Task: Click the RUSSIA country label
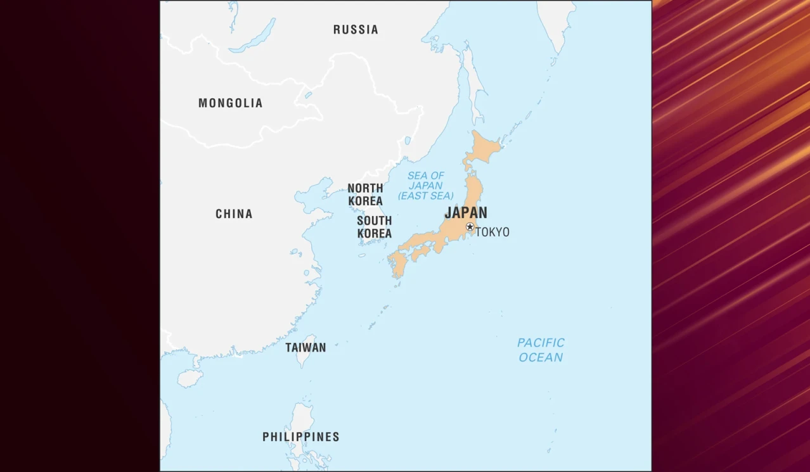point(356,29)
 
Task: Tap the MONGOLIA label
point(230,103)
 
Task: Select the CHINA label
point(234,214)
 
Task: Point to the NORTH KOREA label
point(365,194)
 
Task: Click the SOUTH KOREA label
point(374,227)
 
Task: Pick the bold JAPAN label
point(466,212)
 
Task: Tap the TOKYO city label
point(492,232)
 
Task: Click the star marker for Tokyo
point(470,227)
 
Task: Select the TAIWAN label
point(305,347)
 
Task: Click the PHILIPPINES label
point(301,437)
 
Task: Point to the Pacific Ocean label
point(541,350)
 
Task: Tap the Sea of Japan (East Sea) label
point(426,186)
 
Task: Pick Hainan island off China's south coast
point(190,378)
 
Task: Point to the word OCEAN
point(541,357)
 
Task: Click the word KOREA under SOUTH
point(374,233)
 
